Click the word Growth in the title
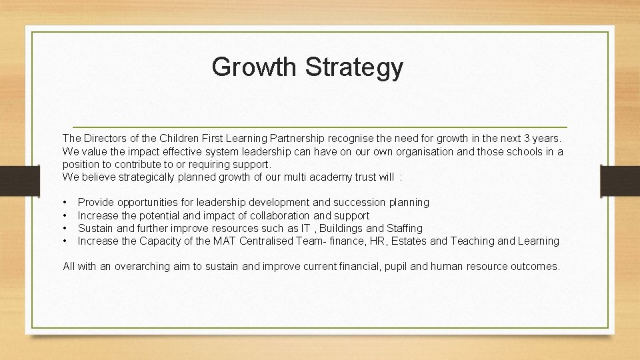pos(255,67)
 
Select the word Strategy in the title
pos(355,68)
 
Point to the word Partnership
pos(297,139)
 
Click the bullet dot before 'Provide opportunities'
pos(65,202)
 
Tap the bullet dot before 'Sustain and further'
pos(65,228)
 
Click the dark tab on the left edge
pos(12,181)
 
